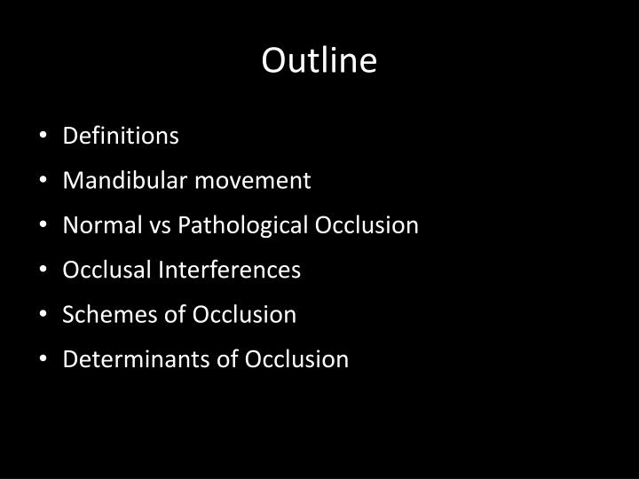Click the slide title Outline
(x=319, y=60)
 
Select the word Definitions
(x=121, y=136)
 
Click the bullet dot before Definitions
(x=45, y=137)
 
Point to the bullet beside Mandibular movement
(x=45, y=182)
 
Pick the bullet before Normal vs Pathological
(x=45, y=226)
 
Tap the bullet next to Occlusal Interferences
(x=45, y=271)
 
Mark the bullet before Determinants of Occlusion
(x=45, y=360)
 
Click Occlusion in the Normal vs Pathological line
(x=367, y=225)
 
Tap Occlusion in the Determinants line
(x=297, y=359)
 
